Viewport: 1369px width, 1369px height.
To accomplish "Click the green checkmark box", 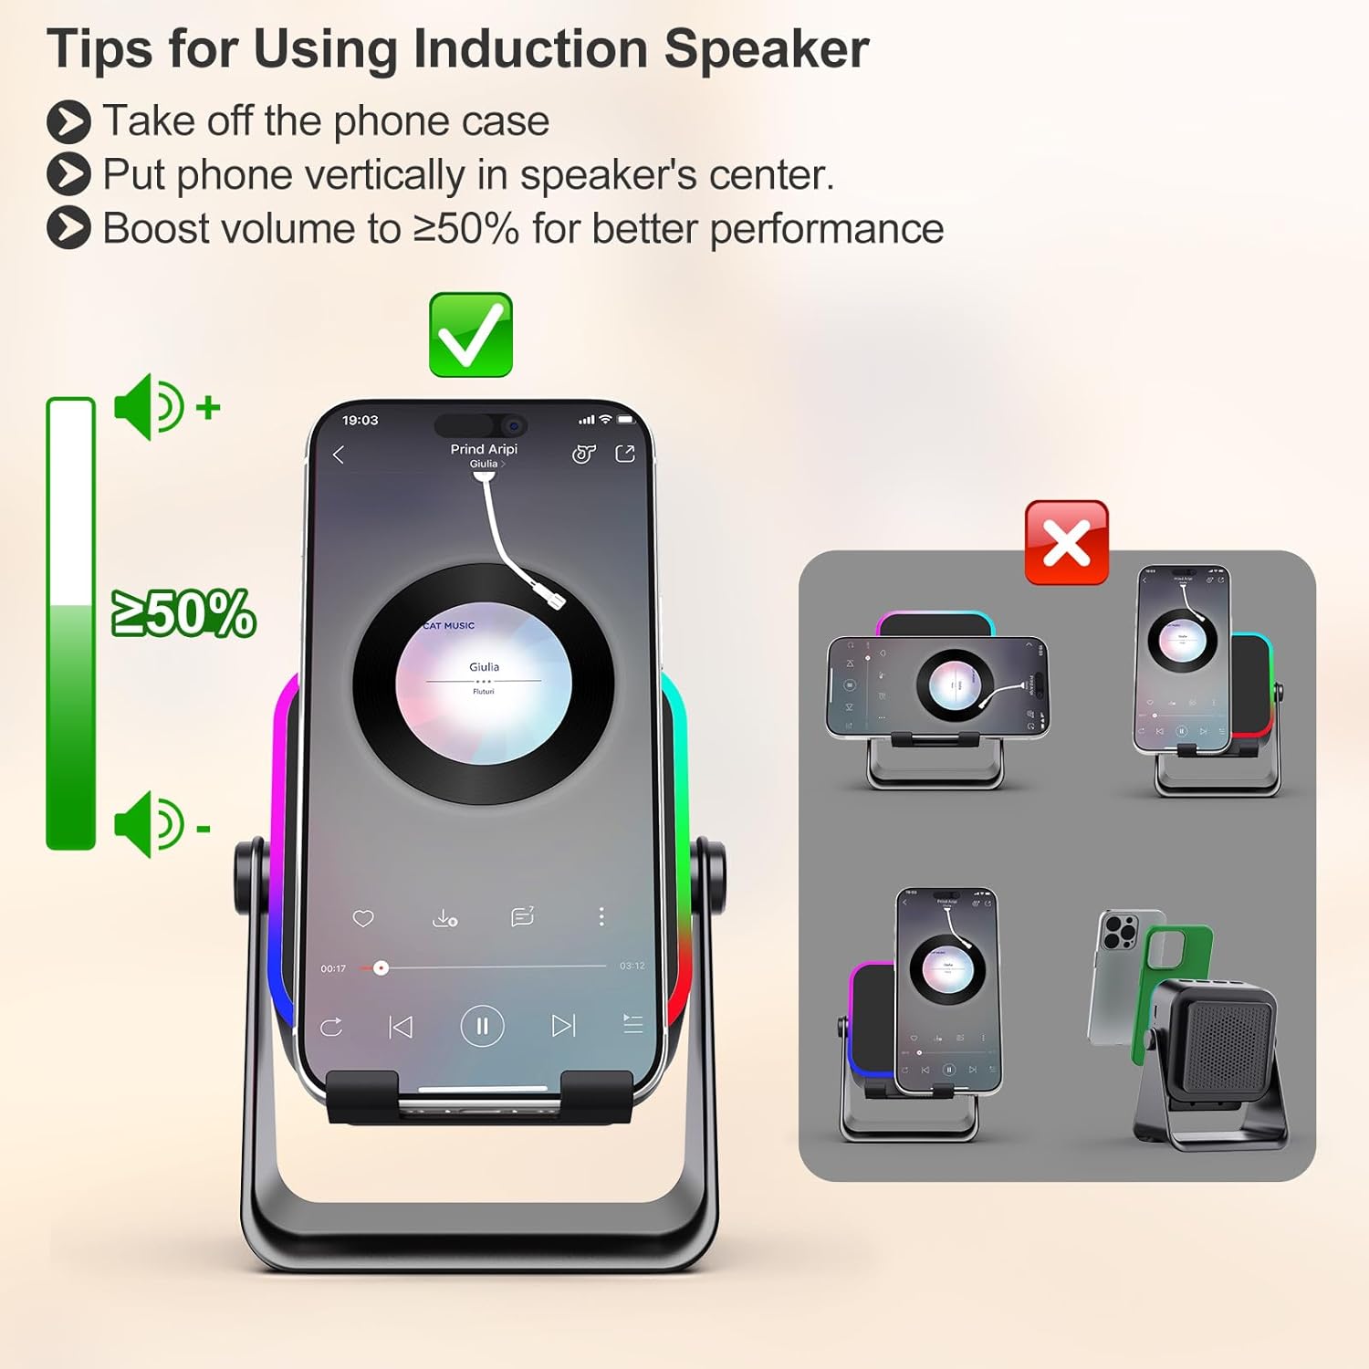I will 471,334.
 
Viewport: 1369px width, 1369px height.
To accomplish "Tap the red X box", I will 1066,542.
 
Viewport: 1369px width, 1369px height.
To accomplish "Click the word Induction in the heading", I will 530,48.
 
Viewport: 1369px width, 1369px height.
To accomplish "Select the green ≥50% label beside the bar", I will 183,613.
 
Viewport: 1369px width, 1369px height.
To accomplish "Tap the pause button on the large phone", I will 482,1026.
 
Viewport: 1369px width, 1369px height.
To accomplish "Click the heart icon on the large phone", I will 363,918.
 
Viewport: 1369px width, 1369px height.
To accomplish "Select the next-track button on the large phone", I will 563,1026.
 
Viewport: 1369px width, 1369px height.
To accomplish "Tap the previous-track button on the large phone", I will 401,1027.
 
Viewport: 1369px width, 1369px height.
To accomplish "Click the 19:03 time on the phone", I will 360,420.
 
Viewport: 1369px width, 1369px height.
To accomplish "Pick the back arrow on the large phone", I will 339,455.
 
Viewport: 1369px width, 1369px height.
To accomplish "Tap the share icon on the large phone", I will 625,454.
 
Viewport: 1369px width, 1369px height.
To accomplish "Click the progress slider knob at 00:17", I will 381,968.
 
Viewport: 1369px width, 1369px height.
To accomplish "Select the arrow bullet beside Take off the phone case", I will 68,121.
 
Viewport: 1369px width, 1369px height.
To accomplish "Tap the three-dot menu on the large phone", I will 601,916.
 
